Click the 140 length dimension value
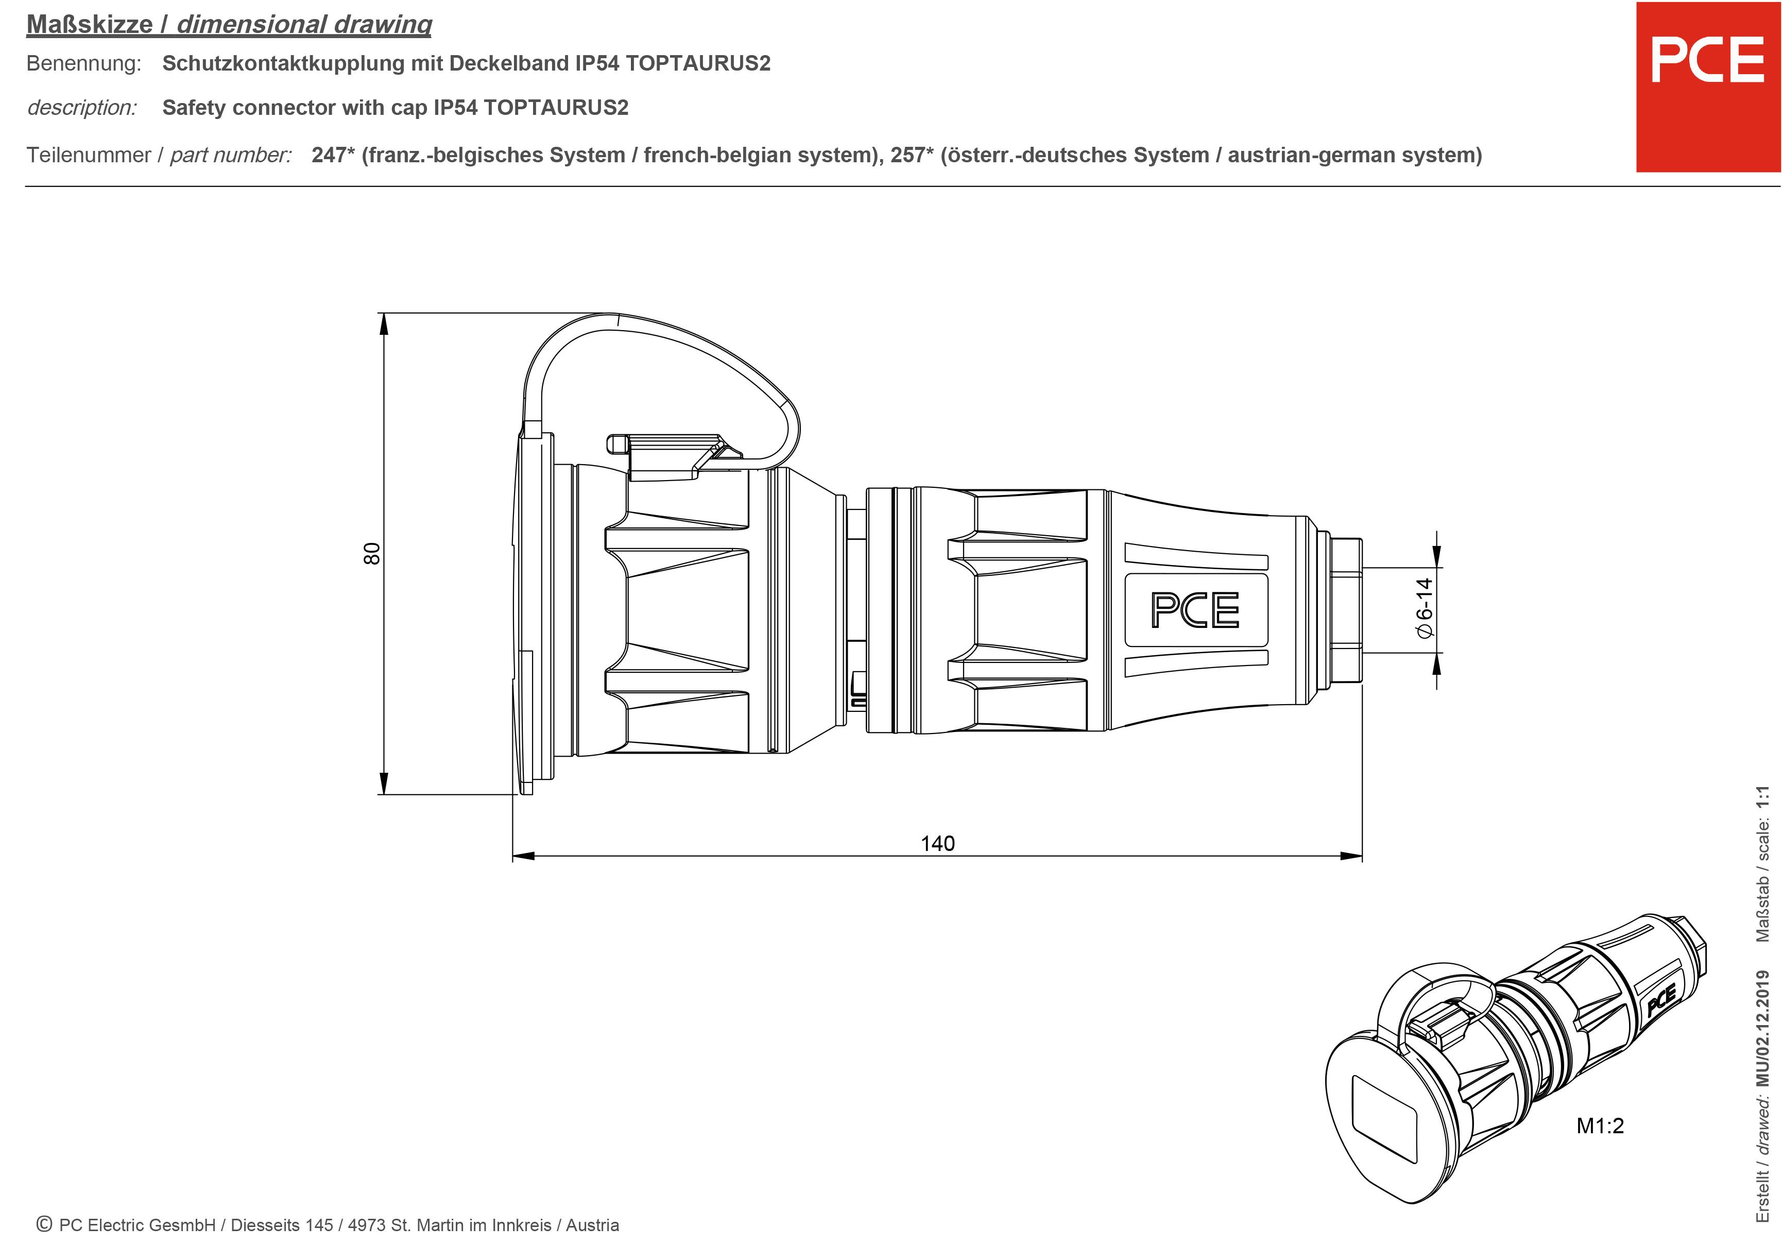pos(937,843)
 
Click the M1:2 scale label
pos(1600,1125)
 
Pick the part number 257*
pos(912,155)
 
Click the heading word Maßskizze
pos(90,24)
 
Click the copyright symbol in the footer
pos(44,1224)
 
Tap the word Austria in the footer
pos(592,1225)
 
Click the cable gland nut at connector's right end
pos(1345,610)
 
